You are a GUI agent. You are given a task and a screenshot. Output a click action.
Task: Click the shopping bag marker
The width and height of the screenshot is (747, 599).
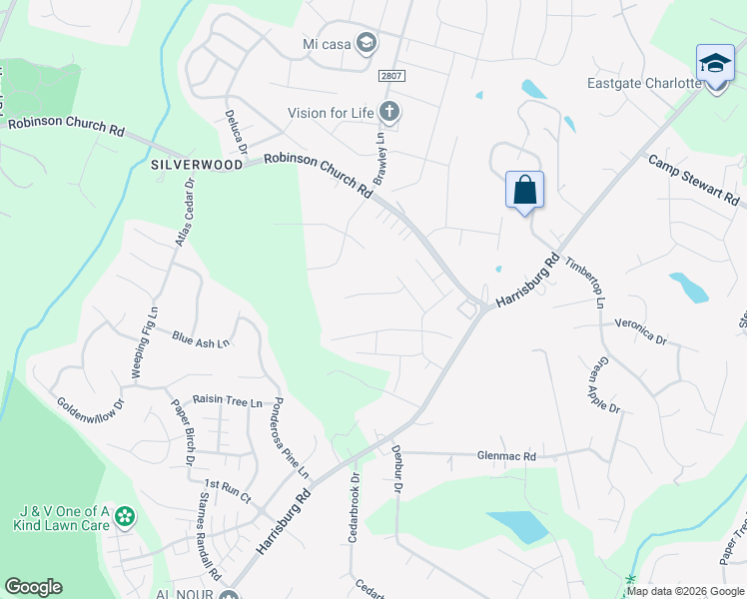524,190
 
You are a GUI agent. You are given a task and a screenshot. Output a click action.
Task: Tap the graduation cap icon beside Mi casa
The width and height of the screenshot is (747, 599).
367,42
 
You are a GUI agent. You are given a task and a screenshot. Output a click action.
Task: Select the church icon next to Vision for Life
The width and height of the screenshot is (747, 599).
389,112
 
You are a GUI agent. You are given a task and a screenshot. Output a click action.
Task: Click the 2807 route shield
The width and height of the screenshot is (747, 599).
392,76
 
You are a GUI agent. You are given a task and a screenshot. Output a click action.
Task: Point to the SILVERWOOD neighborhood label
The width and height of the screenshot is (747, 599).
197,164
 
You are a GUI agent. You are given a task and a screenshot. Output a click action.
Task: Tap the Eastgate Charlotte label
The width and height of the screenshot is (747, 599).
645,83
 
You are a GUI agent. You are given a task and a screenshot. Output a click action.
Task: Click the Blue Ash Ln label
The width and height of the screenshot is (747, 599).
201,341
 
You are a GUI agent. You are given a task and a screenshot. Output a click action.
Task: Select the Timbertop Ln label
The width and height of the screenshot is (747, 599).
585,282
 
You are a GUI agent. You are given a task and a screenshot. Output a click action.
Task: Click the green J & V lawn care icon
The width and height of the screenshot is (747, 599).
125,516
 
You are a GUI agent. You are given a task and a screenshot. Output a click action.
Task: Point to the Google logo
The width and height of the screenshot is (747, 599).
33,587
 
